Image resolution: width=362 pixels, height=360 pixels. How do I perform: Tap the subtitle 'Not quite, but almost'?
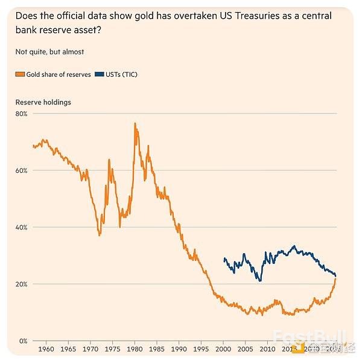(x=49, y=52)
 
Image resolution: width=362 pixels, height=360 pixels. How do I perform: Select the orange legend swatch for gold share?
(x=19, y=74)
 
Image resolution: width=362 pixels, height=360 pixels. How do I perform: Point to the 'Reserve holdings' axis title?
(x=43, y=102)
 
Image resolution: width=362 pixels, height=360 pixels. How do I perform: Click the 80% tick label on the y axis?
(x=22, y=114)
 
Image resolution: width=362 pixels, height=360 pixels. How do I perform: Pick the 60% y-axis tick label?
(x=22, y=170)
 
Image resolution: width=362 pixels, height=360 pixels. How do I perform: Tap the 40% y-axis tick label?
(x=22, y=227)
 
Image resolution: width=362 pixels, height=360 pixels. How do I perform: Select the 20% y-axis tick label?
(x=22, y=284)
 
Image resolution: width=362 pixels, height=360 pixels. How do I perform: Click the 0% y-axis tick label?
(x=24, y=341)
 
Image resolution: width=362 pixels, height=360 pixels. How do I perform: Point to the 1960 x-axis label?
(x=47, y=349)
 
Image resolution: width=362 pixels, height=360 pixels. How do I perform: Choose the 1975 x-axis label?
(x=112, y=349)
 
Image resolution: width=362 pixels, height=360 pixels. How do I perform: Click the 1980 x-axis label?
(x=135, y=349)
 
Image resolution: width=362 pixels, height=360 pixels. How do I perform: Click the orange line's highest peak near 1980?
(x=135, y=123)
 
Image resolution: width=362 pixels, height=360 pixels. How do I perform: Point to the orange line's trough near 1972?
(x=100, y=235)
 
